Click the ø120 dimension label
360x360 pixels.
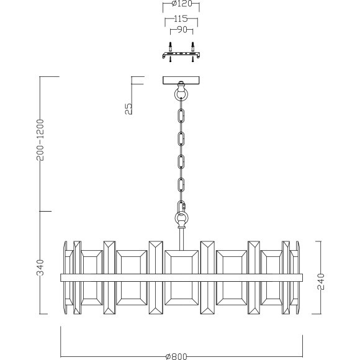coord(182,4)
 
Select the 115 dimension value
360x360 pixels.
coord(181,19)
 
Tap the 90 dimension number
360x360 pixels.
coord(182,30)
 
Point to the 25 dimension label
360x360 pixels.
coord(129,109)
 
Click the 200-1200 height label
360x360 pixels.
coord(40,140)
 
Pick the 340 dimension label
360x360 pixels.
coord(40,268)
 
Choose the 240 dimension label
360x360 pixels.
coord(321,282)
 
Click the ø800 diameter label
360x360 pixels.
coord(176,356)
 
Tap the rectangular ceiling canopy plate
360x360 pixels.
coord(181,80)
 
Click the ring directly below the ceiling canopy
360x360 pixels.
coord(182,94)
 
